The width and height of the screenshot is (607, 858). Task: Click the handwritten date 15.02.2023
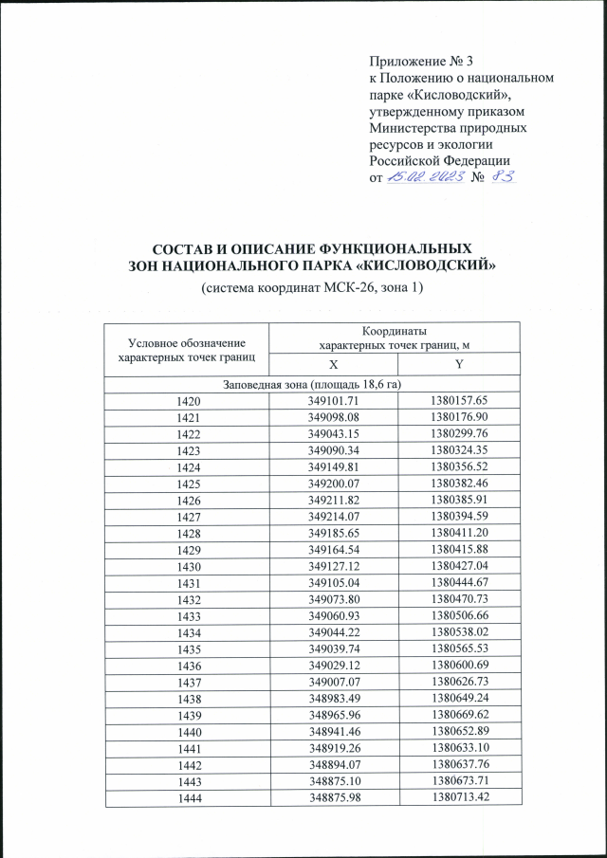click(x=422, y=178)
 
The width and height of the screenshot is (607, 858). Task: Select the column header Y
click(x=458, y=365)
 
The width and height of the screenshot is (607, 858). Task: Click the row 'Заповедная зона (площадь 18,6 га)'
click(x=313, y=384)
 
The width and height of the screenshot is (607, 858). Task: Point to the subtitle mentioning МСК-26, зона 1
click(x=312, y=287)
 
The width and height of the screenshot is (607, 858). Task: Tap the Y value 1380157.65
click(x=458, y=402)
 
